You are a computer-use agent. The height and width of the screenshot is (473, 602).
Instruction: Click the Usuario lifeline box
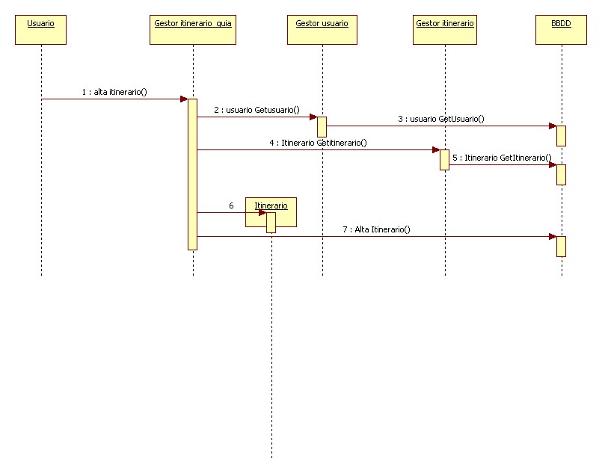(40, 28)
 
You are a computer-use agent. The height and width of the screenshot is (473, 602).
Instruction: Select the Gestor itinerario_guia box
(193, 28)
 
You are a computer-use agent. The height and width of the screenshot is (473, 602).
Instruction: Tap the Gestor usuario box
(322, 28)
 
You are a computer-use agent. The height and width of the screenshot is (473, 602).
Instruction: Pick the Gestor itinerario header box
(445, 28)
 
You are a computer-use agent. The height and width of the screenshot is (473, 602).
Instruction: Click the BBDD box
(561, 28)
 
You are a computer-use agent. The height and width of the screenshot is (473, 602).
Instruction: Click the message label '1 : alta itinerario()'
(114, 92)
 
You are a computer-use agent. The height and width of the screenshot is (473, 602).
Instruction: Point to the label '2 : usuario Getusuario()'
(257, 110)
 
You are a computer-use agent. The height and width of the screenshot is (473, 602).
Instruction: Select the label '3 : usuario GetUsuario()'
(440, 119)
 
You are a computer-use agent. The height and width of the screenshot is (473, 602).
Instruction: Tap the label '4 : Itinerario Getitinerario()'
(319, 142)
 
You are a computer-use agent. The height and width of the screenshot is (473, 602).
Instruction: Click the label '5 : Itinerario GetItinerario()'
(502, 158)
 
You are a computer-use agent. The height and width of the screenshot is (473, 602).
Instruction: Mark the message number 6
(231, 205)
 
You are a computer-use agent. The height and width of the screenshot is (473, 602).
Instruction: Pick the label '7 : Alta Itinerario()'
(376, 229)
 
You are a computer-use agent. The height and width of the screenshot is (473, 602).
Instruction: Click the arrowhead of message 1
(183, 99)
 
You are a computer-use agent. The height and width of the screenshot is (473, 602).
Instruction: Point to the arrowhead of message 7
(552, 237)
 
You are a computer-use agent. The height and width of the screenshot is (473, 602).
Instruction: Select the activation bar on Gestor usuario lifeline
(322, 126)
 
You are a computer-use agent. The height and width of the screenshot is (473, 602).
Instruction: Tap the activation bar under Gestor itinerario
(444, 159)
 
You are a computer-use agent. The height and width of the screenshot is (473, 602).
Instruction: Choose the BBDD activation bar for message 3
(561, 135)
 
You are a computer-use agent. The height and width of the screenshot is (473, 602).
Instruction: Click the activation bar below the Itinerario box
(271, 223)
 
